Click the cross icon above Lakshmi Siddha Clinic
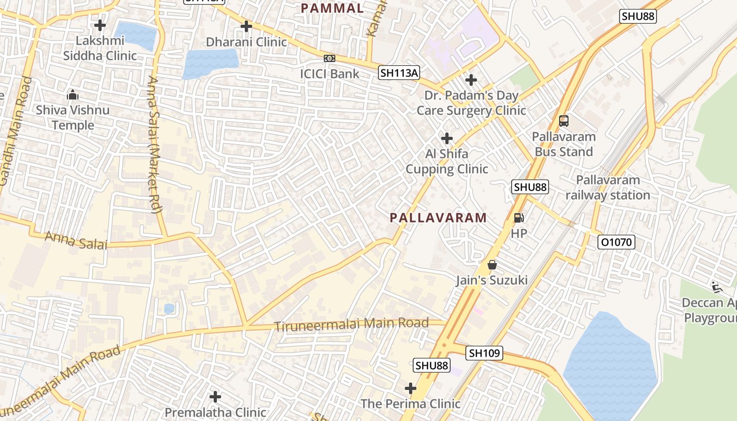click(x=100, y=25)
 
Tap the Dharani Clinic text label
click(x=246, y=42)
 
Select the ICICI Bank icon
click(x=330, y=58)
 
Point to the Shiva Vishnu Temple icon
click(x=73, y=95)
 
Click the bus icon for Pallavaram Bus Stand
click(x=564, y=121)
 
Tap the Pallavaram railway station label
click(x=607, y=187)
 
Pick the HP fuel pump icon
click(x=519, y=217)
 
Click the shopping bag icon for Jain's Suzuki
click(x=492, y=265)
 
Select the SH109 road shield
click(x=484, y=353)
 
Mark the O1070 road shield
click(x=616, y=242)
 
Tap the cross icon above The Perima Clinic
click(x=411, y=388)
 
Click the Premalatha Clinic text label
click(x=215, y=412)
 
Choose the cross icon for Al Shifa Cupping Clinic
click(x=447, y=138)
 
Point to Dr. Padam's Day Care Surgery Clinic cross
click(x=471, y=80)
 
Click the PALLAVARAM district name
click(x=438, y=218)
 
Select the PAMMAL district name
click(x=332, y=8)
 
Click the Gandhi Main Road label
click(x=14, y=132)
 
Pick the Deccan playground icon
click(x=716, y=287)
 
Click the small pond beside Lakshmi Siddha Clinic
click(x=136, y=35)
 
